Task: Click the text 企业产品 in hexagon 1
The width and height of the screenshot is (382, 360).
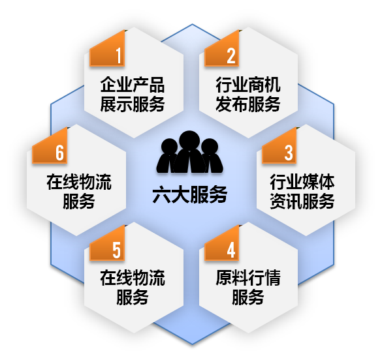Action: (133, 85)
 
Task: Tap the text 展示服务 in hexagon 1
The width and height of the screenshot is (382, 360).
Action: (133, 104)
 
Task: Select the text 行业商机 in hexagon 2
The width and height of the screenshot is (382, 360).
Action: (248, 85)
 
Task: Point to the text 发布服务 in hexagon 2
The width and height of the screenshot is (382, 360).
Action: (248, 104)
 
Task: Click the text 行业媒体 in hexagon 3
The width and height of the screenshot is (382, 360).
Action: (302, 182)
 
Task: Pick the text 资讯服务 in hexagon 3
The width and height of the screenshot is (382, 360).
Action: (302, 202)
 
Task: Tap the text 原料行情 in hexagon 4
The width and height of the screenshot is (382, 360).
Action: (248, 278)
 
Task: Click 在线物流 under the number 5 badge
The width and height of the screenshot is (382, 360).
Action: (133, 278)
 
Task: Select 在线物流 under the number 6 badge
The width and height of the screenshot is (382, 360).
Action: (79, 182)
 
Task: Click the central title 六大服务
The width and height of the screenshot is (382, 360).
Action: (190, 194)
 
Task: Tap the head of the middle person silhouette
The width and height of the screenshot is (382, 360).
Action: (189, 141)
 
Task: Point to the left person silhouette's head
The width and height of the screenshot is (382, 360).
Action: (169, 147)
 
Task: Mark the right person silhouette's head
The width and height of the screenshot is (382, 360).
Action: (210, 147)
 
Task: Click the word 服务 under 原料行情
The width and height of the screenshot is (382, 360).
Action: (248, 297)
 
